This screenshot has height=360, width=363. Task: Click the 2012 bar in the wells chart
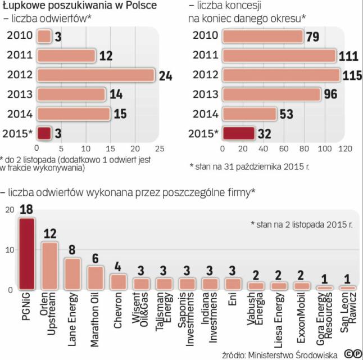(x=96, y=75)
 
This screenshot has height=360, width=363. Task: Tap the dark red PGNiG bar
(x=27, y=253)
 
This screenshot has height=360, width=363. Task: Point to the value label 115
(x=352, y=75)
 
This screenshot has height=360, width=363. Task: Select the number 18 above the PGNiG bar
(x=26, y=210)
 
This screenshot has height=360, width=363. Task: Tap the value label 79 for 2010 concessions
(x=314, y=37)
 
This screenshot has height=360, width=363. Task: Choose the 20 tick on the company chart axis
(x=8, y=210)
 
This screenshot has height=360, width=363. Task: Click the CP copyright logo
(x=353, y=353)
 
